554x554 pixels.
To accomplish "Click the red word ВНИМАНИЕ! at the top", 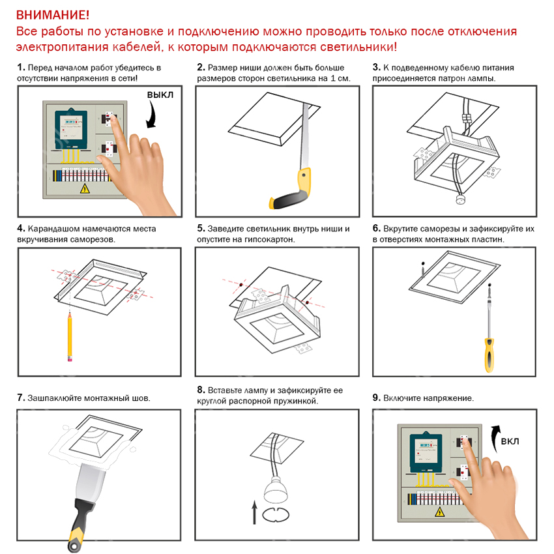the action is point(53,15).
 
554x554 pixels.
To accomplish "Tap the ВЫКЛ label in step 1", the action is point(160,95).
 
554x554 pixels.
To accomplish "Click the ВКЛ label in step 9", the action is point(510,441).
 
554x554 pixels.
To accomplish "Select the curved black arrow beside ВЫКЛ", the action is point(153,115).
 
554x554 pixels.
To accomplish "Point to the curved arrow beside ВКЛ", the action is point(495,436).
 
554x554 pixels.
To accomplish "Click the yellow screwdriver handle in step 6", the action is point(489,355).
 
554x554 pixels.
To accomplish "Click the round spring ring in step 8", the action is point(276,514).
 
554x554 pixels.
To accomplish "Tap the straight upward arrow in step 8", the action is point(254,512).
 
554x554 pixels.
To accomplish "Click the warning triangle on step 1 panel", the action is point(85,188).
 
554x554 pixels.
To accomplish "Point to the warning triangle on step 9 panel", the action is point(439,512).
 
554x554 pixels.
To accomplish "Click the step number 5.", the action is point(200,229).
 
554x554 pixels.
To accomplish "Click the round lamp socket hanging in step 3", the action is point(461,200).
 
